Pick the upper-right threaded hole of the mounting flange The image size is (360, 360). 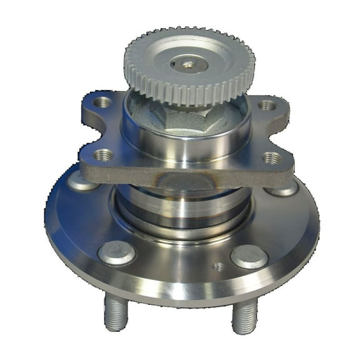click(x=267, y=105)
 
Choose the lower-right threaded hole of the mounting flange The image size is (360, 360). click(x=271, y=157)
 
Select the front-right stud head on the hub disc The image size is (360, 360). click(x=249, y=256)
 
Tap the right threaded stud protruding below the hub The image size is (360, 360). click(x=244, y=316)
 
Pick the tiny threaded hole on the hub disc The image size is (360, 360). click(x=217, y=267)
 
